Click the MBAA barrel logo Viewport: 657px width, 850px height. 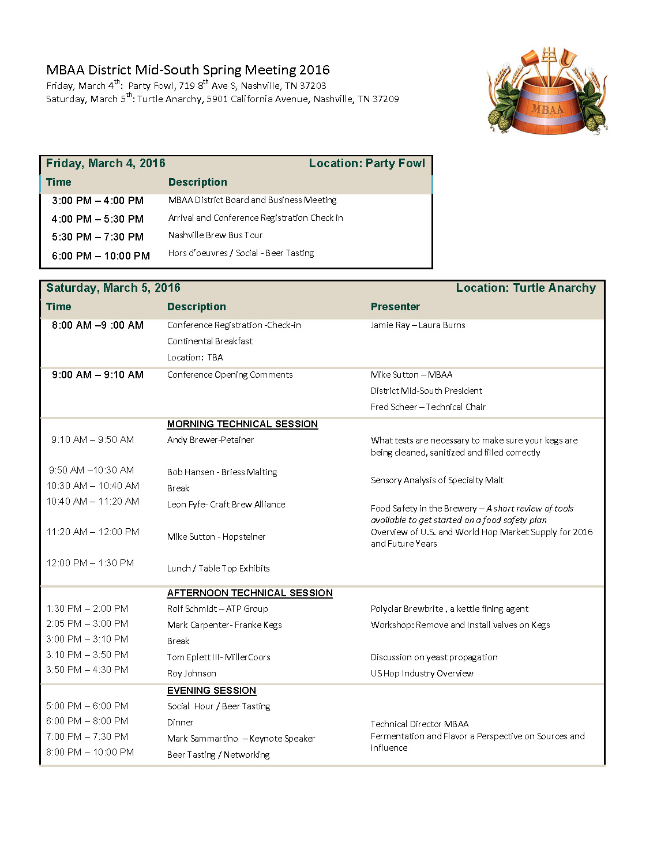[x=547, y=92]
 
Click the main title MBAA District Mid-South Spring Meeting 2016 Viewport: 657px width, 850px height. [x=188, y=70]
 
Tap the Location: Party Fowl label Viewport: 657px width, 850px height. [x=367, y=163]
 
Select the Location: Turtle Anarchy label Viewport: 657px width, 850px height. [x=525, y=288]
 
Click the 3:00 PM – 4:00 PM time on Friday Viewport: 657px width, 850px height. [x=97, y=201]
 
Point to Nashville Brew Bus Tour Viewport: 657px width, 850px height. [x=215, y=235]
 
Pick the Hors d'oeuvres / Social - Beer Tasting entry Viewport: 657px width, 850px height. [x=241, y=253]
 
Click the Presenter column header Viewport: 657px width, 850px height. [x=395, y=307]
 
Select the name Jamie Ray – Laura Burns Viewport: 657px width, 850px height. [x=418, y=325]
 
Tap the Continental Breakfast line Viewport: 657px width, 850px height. [x=210, y=341]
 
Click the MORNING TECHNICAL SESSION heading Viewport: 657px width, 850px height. [x=242, y=424]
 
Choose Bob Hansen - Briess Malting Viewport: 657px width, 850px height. [x=222, y=472]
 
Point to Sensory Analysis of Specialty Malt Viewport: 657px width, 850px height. [x=437, y=480]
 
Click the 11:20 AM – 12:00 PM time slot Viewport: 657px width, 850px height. [x=93, y=532]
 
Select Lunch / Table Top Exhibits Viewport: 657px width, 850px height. [x=219, y=569]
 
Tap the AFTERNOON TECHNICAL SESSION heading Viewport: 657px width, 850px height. [x=250, y=593]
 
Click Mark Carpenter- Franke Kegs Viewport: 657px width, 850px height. [x=224, y=625]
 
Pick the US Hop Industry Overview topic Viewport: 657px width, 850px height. [x=422, y=674]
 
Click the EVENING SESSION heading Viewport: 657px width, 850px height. [x=212, y=691]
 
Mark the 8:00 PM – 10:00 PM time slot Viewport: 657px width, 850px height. [x=90, y=752]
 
